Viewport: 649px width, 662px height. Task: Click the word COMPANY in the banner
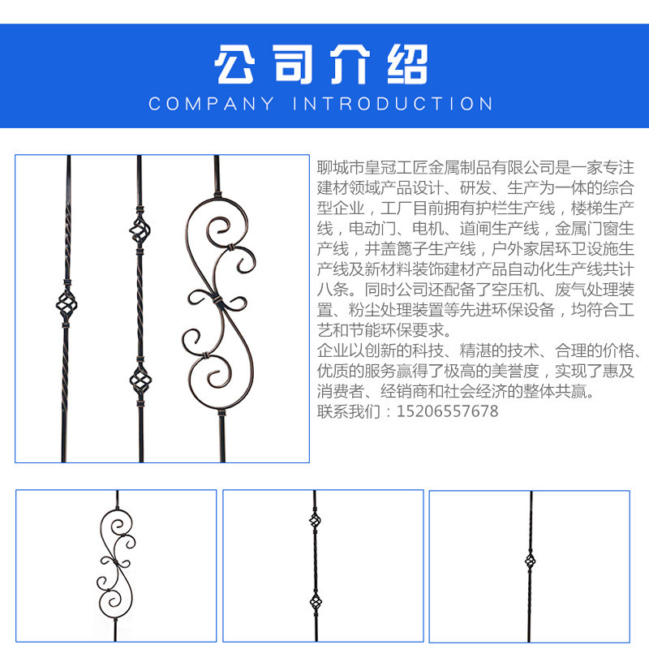pos(211,104)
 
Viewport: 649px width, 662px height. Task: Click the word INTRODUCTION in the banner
pos(393,104)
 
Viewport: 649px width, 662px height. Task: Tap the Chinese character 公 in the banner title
pos(234,64)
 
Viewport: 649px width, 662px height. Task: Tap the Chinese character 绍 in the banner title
pos(408,64)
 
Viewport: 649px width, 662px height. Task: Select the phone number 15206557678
pos(448,411)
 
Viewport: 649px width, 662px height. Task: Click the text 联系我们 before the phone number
pos(349,411)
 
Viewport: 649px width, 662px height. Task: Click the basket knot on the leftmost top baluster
pos(67,304)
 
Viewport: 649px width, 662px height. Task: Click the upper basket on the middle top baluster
pos(140,230)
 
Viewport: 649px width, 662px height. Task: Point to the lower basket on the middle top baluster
pos(140,381)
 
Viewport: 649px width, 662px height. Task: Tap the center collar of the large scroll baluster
pos(217,301)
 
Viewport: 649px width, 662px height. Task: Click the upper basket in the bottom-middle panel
pos(315,521)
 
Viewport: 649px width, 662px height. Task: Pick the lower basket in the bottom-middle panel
pos(316,602)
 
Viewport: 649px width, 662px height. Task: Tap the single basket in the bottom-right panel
pos(531,561)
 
